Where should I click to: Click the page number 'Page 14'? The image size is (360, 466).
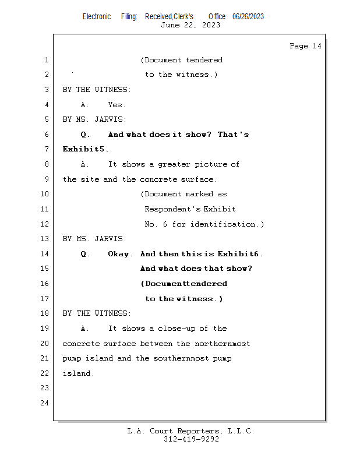(x=305, y=46)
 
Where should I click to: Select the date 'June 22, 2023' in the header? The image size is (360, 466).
(x=190, y=25)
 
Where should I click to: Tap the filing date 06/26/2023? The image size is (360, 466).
(x=248, y=16)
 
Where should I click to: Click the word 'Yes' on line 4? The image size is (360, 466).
(x=116, y=105)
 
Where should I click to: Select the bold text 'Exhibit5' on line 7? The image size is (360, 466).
(x=84, y=149)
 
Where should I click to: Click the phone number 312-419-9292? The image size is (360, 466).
(x=191, y=439)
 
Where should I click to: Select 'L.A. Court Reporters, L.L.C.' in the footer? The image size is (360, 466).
(x=190, y=431)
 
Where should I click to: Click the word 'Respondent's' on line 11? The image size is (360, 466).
(x=171, y=209)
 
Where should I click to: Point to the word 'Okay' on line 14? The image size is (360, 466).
(x=119, y=254)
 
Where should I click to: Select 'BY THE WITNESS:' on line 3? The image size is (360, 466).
(x=97, y=90)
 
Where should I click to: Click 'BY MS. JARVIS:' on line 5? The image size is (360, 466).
(x=94, y=119)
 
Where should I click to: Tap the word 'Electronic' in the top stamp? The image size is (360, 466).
(x=97, y=16)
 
